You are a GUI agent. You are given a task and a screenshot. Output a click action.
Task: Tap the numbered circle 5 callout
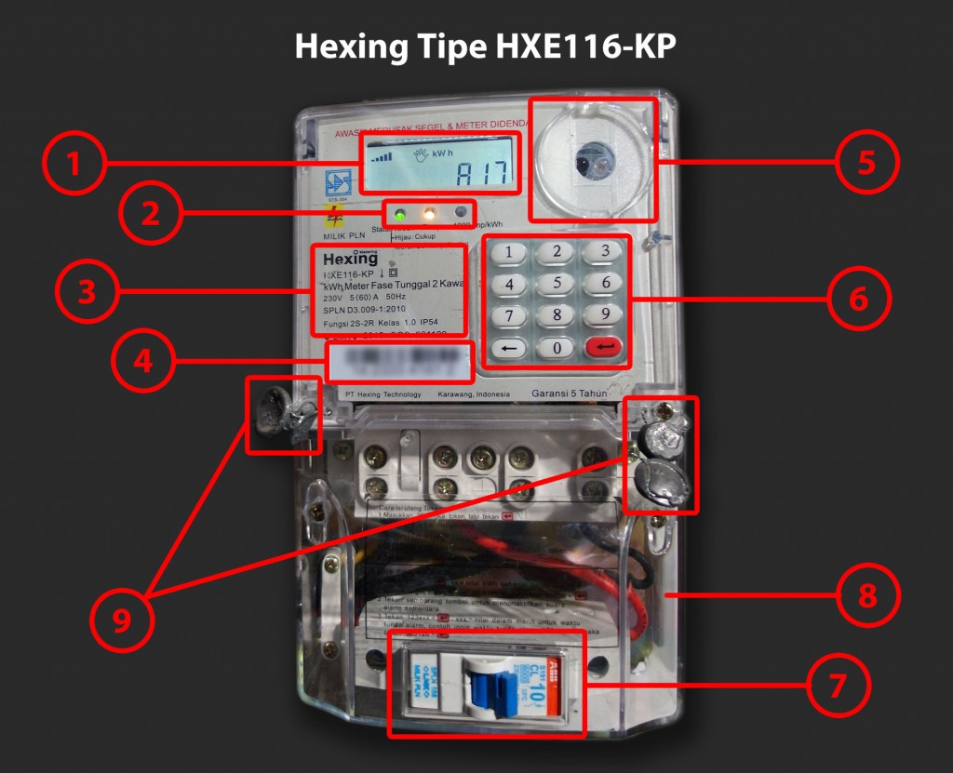coord(866,162)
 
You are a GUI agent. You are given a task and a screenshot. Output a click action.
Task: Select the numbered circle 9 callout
coord(122,622)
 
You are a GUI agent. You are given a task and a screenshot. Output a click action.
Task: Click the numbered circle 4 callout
coord(142,362)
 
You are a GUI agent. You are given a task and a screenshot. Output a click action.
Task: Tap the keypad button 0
coord(557,348)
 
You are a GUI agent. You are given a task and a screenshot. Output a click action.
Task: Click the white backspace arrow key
coord(509,348)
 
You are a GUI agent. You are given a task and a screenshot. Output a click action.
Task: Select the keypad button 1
coord(509,251)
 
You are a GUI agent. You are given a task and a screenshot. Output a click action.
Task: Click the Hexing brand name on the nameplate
coord(350,259)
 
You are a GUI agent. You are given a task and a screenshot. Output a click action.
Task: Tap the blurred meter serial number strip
coord(398,361)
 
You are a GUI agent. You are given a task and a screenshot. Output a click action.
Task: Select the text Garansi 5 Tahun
coord(569,393)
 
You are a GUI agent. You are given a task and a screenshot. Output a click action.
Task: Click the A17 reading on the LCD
coord(481,173)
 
